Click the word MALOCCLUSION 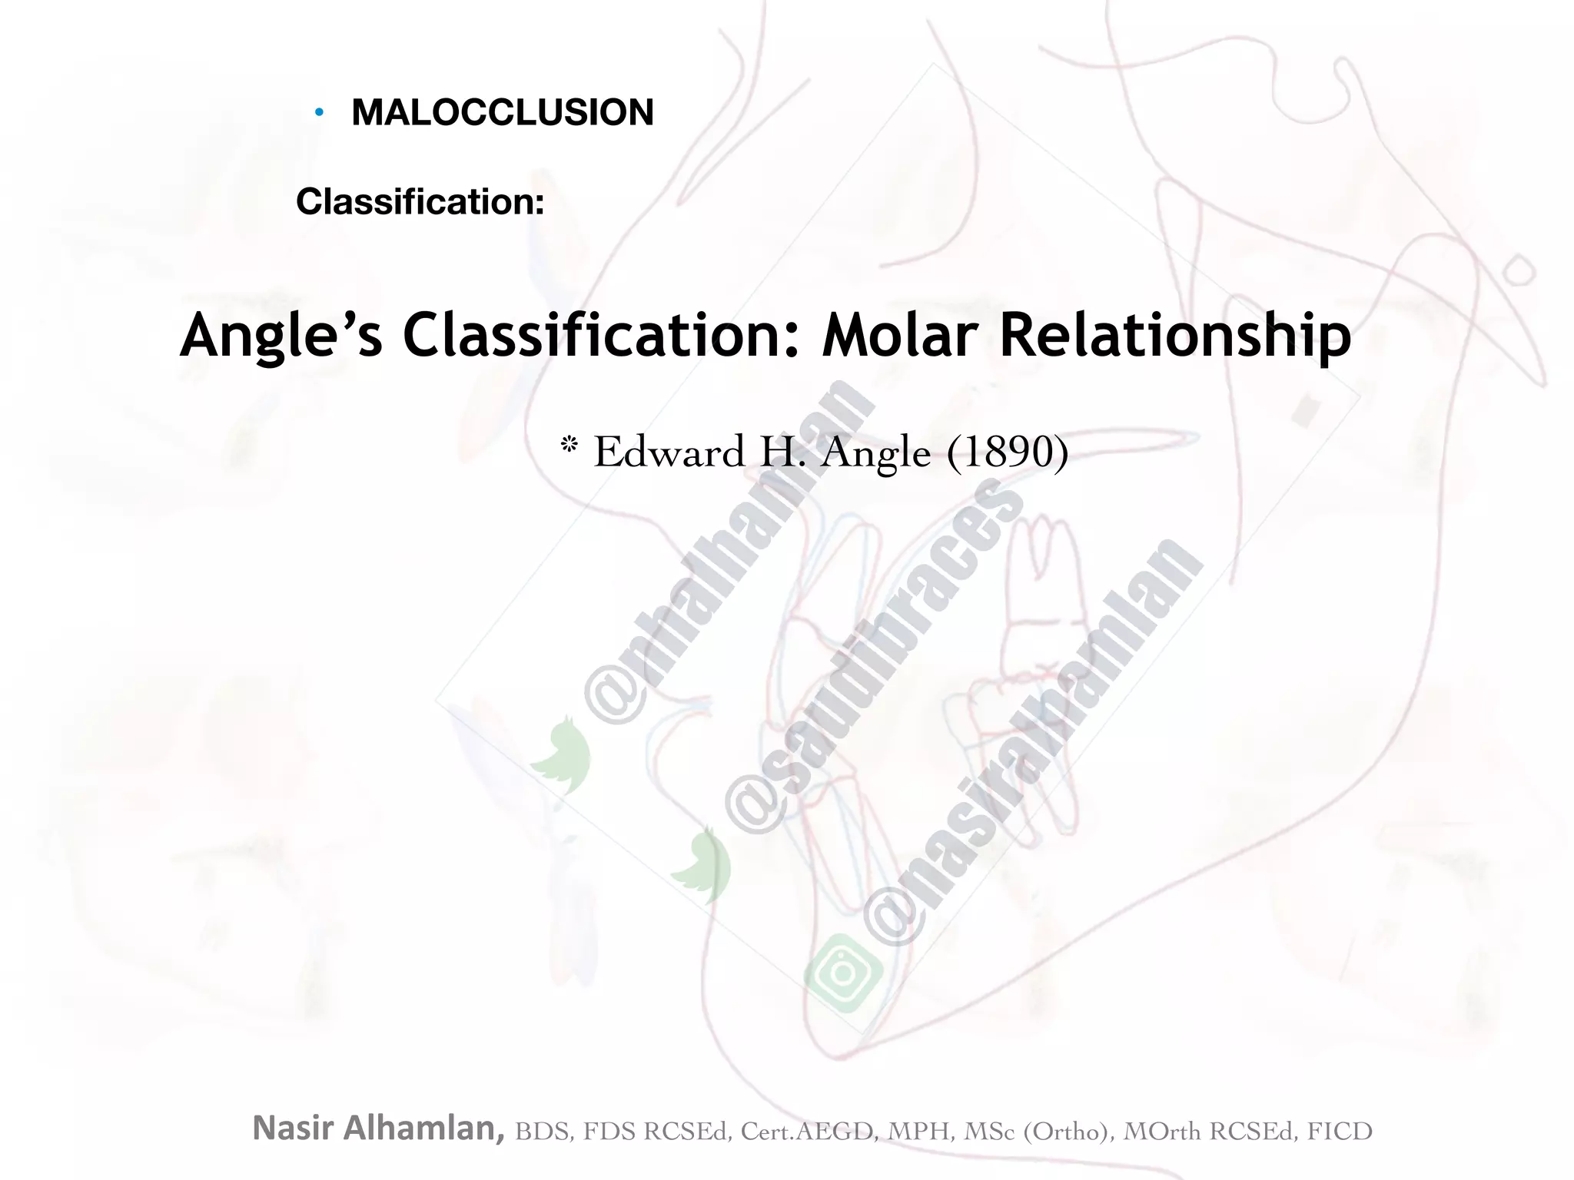point(503,113)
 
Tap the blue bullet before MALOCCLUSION point(319,114)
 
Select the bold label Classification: point(420,202)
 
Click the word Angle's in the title point(281,336)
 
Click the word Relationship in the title point(1174,336)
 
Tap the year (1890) point(1008,452)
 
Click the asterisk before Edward point(569,446)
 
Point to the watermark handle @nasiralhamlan point(1034,741)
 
